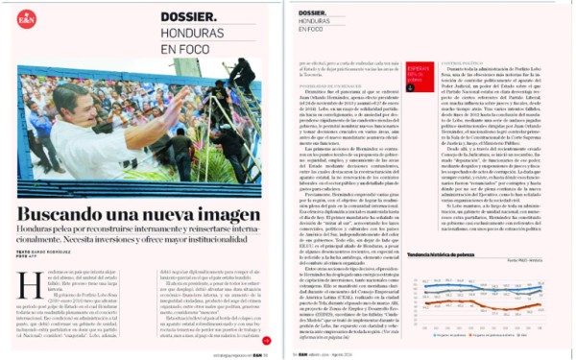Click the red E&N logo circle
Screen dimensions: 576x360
pos(28,18)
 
